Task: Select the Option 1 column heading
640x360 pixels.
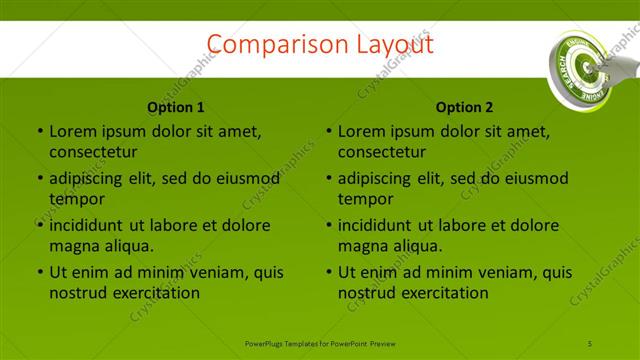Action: (x=176, y=107)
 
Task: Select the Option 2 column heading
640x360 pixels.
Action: (x=465, y=107)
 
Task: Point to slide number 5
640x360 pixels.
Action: (x=590, y=343)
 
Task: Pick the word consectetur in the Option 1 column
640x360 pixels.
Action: (x=93, y=152)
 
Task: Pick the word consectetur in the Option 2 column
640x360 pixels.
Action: (x=382, y=152)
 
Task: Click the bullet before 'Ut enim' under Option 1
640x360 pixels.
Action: (x=40, y=272)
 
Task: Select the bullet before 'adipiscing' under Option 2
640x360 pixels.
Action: (x=329, y=179)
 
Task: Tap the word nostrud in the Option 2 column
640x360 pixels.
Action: (x=367, y=293)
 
